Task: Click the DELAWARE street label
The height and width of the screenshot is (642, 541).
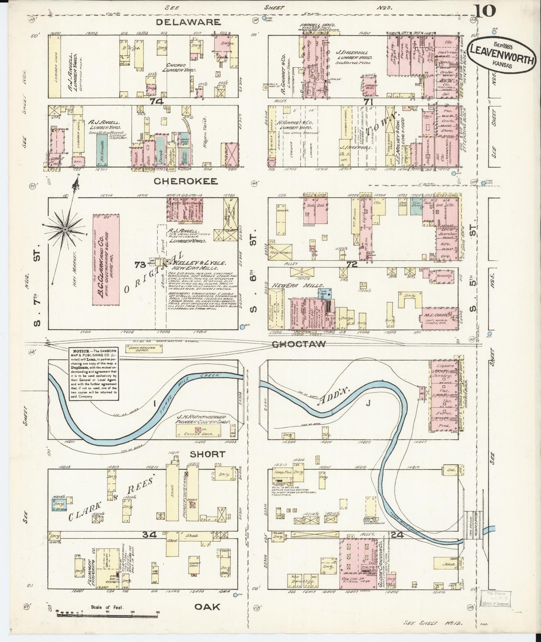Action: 188,22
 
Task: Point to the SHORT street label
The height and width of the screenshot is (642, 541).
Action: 207,454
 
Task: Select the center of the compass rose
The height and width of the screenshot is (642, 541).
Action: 65,229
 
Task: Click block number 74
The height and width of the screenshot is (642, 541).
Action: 154,102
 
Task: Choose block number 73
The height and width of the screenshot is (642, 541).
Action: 140,265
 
